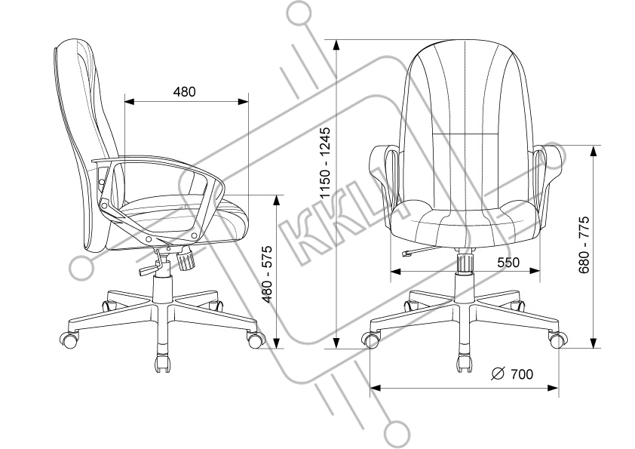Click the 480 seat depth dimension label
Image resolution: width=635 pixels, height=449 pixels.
pos(184,92)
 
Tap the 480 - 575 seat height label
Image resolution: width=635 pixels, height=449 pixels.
pos(265,274)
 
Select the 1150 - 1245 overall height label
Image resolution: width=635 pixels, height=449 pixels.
pos(325,163)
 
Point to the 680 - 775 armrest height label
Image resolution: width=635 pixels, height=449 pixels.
pos(583,244)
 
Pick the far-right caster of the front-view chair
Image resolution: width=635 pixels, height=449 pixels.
pos(558,340)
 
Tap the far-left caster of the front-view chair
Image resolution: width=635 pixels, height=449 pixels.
pos(371,340)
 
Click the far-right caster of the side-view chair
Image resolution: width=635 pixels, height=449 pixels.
pos(255,339)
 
